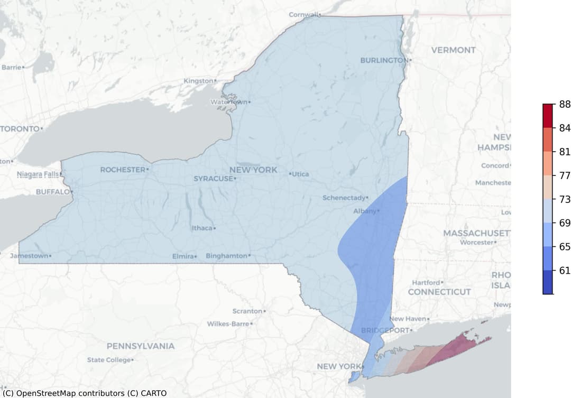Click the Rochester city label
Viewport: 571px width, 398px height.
[x=122, y=170]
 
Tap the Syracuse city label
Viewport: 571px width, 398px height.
[x=213, y=179]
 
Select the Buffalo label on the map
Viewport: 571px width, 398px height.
[x=52, y=192]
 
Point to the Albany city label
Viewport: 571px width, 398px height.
[x=364, y=211]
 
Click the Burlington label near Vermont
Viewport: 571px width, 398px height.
[x=384, y=60]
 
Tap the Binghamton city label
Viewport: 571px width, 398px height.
[x=226, y=256]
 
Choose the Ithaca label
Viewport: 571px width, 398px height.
[x=201, y=228]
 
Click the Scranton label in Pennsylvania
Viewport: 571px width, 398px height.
[x=247, y=311]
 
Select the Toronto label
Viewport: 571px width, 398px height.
[x=20, y=128]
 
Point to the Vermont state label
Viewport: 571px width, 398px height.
[x=453, y=50]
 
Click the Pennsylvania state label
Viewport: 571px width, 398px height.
[x=140, y=346]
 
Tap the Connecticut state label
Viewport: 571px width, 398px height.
[x=439, y=292]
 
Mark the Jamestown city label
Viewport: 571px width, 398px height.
[x=29, y=256]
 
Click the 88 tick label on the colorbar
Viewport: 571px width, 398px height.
[x=565, y=105]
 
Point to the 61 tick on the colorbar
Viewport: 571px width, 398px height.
[x=565, y=271]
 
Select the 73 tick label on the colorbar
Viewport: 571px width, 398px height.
[x=565, y=199]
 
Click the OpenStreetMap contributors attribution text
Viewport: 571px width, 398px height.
[x=85, y=393]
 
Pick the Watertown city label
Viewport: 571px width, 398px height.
[x=229, y=101]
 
